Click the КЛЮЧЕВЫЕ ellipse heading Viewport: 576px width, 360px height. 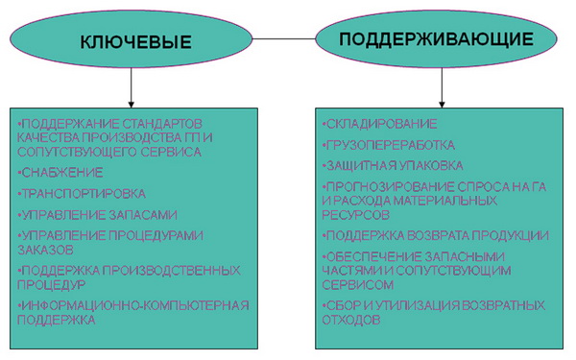[135, 42]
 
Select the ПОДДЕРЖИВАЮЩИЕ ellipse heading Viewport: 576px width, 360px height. [436, 39]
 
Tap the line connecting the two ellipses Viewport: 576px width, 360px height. [284, 38]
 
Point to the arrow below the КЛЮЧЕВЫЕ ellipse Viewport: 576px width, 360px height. [132, 87]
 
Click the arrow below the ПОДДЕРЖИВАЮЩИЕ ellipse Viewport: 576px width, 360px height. [442, 87]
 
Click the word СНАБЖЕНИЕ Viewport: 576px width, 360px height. [62, 173]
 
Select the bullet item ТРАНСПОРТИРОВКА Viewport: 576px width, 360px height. [82, 194]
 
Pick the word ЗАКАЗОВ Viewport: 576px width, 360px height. [45, 250]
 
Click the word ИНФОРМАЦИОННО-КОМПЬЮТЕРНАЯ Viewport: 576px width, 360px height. [135, 305]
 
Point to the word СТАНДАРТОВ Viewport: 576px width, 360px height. [161, 124]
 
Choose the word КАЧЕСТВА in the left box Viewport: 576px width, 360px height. [48, 137]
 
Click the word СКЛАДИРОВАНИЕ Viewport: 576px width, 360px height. [382, 124]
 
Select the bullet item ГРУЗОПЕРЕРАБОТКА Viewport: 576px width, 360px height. [389, 145]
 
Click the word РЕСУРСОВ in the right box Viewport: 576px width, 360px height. [355, 214]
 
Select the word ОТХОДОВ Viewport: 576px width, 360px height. [351, 320]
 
